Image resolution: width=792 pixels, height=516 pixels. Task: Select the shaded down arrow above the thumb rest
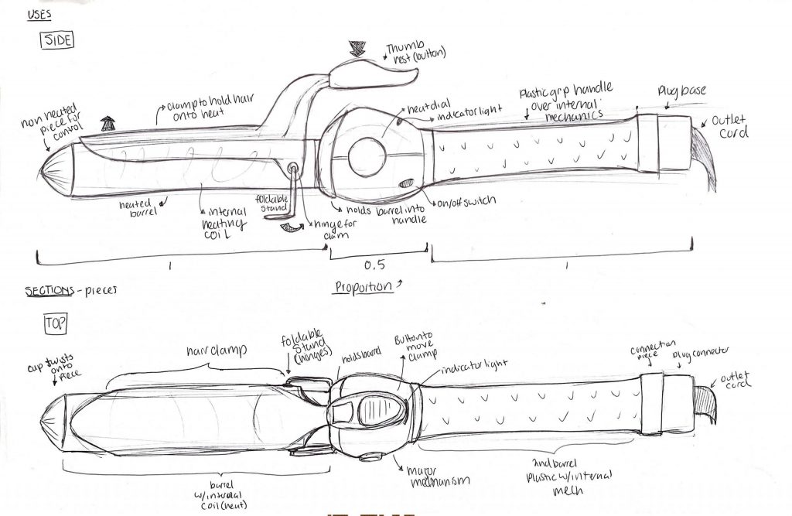click(x=357, y=49)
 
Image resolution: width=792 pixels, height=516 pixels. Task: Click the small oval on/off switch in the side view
click(x=407, y=183)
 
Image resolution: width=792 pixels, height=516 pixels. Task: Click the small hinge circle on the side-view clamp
click(x=293, y=168)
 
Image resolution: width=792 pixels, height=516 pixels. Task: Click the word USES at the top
click(x=40, y=13)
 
